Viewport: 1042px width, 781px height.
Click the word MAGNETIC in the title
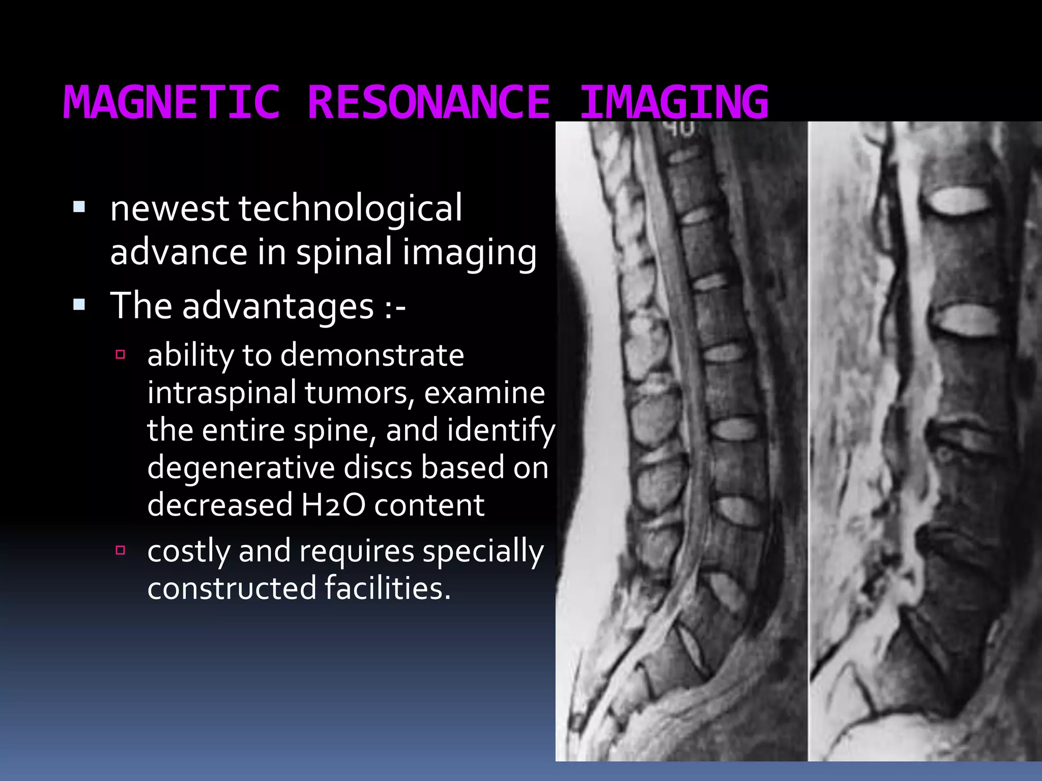coord(171,102)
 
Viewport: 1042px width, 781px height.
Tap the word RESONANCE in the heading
coord(429,102)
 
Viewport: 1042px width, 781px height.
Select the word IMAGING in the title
coord(674,102)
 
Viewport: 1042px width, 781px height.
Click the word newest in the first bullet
coord(169,209)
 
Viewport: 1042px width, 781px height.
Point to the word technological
coord(351,209)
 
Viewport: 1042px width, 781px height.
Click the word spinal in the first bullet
coord(345,253)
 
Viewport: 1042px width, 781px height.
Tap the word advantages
coord(278,307)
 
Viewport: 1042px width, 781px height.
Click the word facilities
coord(388,588)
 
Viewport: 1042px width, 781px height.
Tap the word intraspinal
coord(222,393)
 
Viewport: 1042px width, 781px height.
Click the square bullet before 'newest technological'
coord(79,206)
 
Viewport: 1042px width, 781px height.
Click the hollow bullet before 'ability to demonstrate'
coord(121,354)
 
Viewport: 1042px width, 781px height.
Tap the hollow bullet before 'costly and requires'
coord(121,550)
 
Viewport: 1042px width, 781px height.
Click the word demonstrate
coord(372,355)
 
